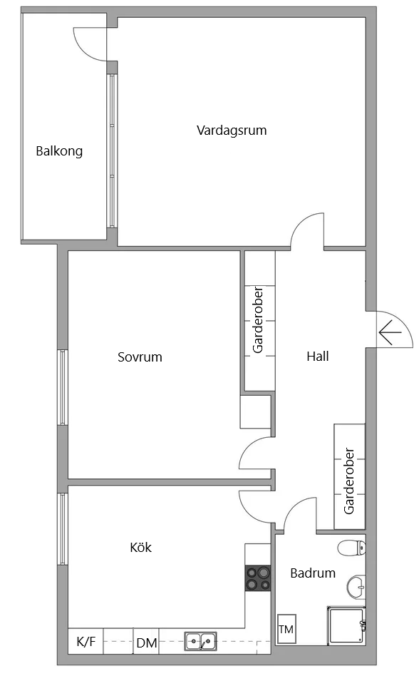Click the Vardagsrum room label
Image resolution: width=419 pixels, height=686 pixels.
232,130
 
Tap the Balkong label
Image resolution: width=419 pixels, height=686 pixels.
59,151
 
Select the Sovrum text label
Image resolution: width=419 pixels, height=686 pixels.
140,357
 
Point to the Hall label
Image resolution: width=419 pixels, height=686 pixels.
318,356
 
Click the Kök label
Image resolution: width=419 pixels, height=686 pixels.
140,548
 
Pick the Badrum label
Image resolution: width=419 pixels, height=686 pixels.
313,573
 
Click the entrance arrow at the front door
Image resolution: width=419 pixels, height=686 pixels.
389,332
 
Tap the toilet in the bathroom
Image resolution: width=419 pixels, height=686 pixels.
352,548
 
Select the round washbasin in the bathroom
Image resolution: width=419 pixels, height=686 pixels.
356,587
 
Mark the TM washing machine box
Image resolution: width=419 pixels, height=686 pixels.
286,629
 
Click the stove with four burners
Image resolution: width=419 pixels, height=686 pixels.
258,578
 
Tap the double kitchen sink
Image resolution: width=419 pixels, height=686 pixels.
201,641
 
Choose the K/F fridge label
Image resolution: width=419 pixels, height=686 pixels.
86,643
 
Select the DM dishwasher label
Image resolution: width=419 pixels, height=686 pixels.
147,643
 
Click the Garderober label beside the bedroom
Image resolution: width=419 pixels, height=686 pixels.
259,320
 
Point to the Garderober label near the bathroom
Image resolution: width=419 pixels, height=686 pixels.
349,481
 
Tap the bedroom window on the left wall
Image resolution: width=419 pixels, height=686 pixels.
63,387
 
